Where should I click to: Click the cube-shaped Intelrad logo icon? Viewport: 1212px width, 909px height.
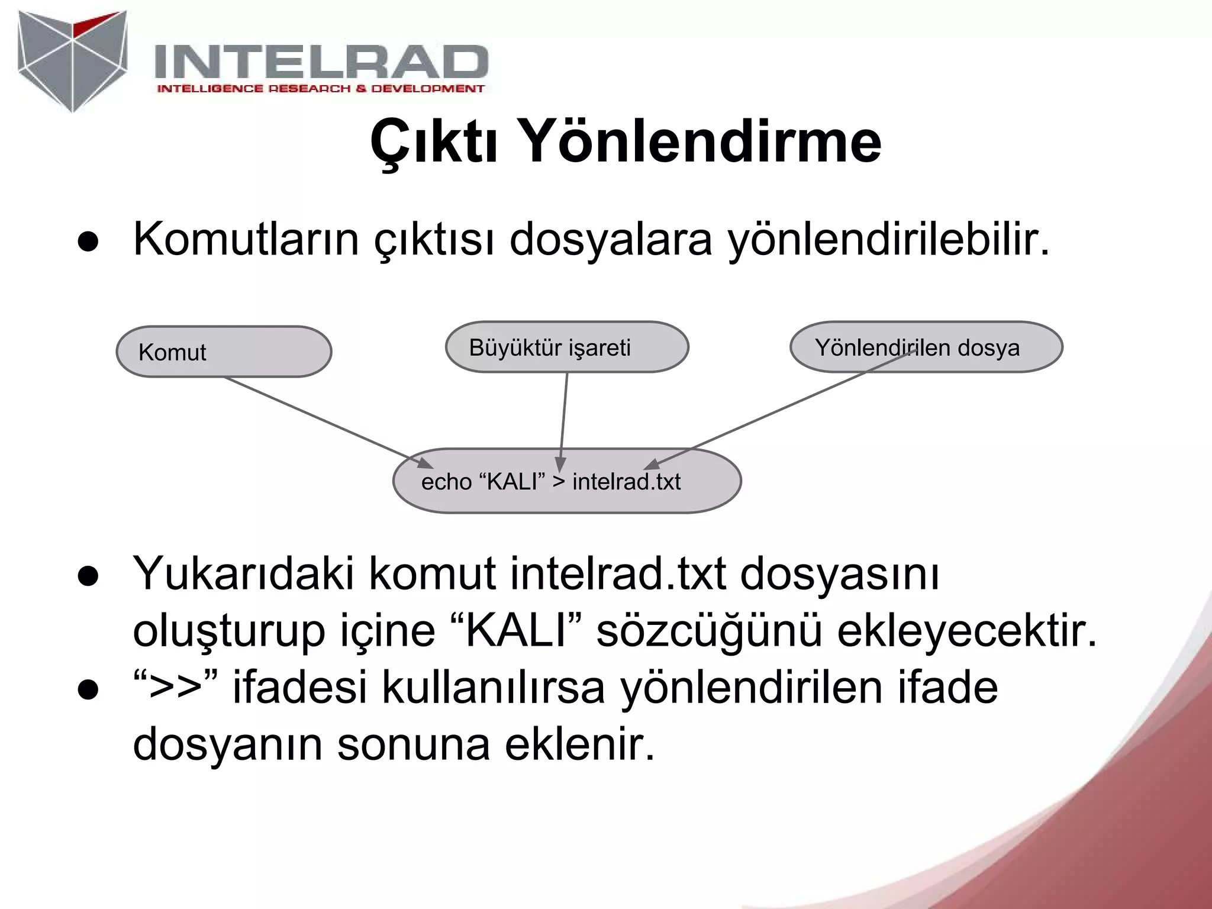72,59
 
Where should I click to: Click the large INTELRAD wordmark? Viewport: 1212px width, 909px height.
320,62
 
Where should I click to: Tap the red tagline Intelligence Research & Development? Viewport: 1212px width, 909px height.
320,89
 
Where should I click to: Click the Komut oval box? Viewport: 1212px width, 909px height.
224,352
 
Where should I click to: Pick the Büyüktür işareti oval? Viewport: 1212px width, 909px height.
566,347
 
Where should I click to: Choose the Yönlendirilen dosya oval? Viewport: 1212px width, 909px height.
926,347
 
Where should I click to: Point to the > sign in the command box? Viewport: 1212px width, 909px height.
559,481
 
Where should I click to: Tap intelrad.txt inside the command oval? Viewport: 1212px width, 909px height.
626,482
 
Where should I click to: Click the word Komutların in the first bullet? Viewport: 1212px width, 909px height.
246,240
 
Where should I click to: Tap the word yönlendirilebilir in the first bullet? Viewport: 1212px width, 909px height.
888,240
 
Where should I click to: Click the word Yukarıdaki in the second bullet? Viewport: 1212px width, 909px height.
243,574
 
